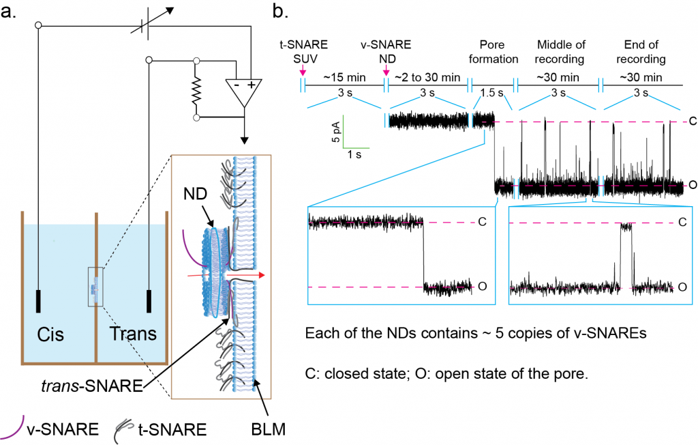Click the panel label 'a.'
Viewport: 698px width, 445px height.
coord(15,13)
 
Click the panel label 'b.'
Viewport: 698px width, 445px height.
coord(281,12)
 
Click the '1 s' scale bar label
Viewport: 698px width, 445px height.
coord(353,156)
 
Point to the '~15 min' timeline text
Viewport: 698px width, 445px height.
coord(344,77)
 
